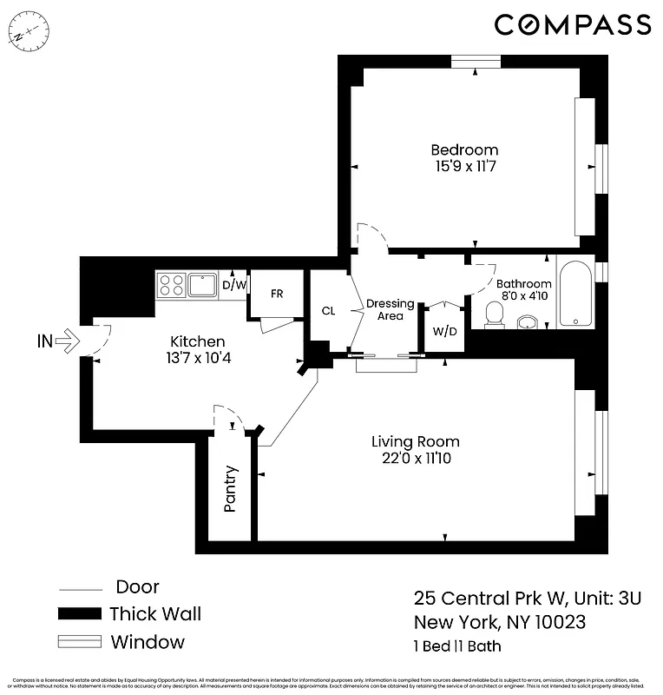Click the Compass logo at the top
tap(572, 24)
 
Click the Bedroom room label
tap(466, 149)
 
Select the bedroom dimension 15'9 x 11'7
tap(466, 166)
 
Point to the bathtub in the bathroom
tap(575, 295)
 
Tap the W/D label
tap(443, 330)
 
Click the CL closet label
tap(328, 311)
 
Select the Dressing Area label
tap(390, 309)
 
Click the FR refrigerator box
tap(277, 294)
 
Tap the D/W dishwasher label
tap(233, 285)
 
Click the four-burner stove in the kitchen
tap(172, 286)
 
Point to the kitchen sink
tap(202, 285)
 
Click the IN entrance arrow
tap(55, 341)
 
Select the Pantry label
tap(231, 489)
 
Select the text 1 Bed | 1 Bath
tap(456, 645)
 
